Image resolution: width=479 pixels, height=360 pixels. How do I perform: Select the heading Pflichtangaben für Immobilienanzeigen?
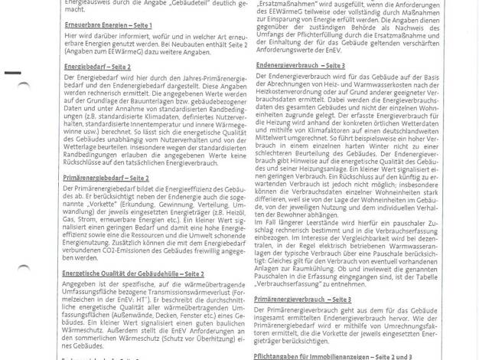click(x=322, y=356)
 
